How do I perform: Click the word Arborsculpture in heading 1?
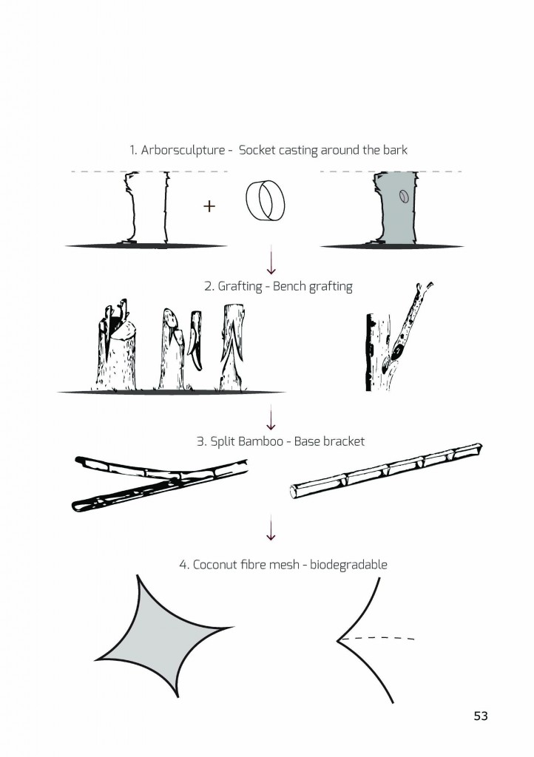click(183, 150)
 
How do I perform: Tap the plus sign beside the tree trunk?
click(209, 207)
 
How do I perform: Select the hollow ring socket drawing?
click(265, 200)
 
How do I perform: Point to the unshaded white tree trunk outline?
click(146, 208)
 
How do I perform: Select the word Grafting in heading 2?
click(240, 286)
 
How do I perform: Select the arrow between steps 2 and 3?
click(271, 418)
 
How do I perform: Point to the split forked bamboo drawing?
click(159, 483)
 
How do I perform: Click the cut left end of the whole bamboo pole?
click(294, 492)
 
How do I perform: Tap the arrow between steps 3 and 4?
click(271, 528)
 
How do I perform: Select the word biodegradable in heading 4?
click(348, 565)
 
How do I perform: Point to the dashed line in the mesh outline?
click(376, 638)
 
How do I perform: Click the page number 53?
click(481, 716)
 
